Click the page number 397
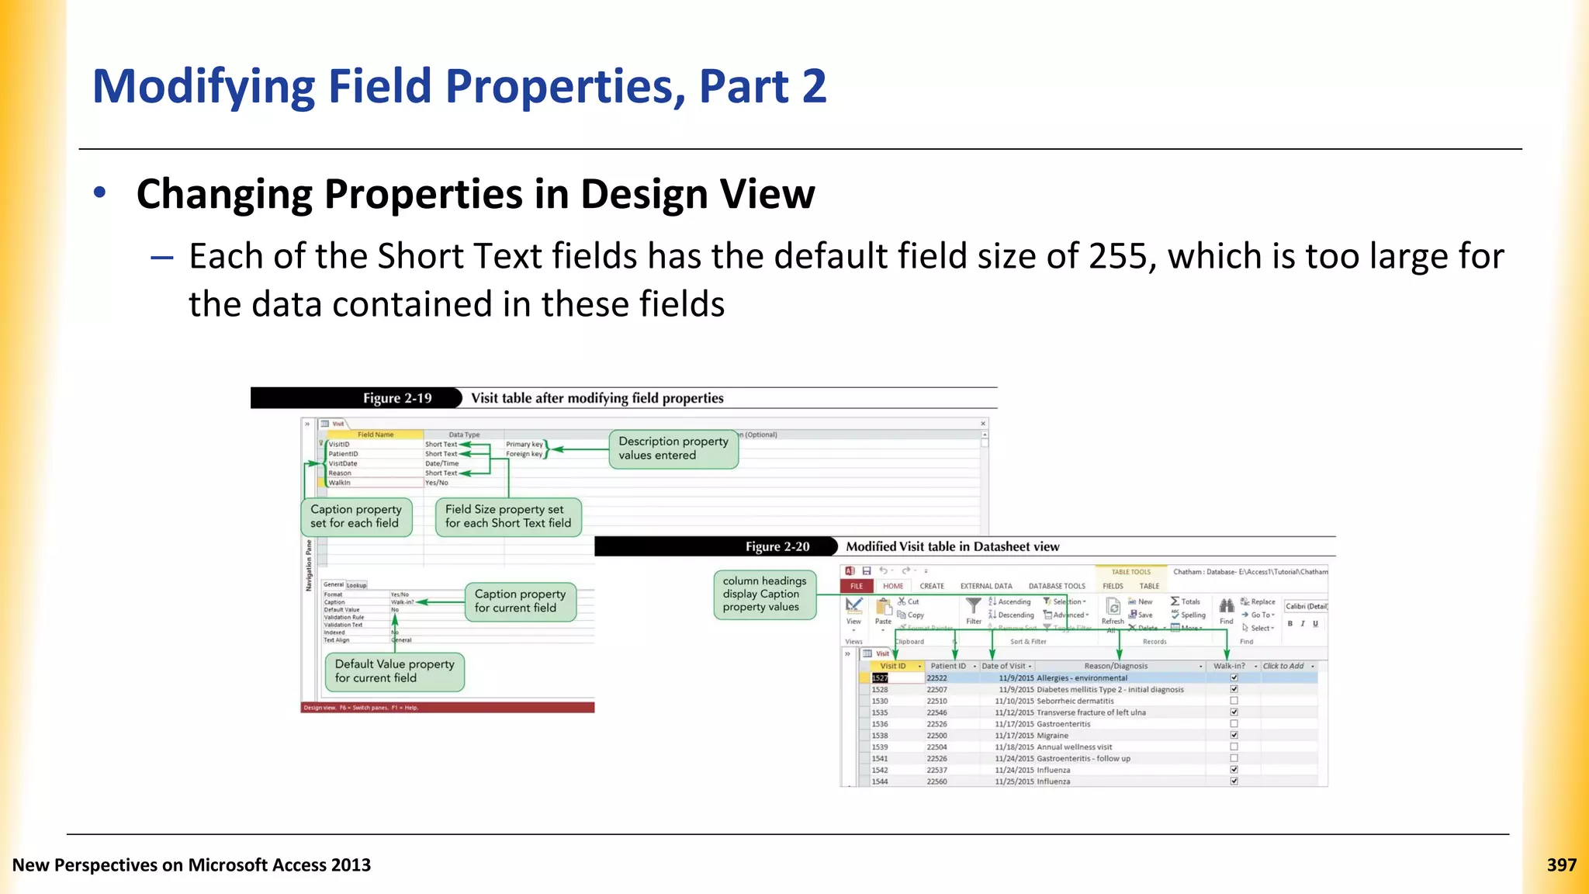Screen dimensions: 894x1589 pyautogui.click(x=1561, y=865)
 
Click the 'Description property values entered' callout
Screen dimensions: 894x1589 pyautogui.click(x=673, y=449)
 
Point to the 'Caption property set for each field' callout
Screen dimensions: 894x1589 pyautogui.click(x=356, y=516)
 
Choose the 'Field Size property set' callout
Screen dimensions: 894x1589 pyautogui.click(x=507, y=516)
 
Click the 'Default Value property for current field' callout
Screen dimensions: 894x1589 pyautogui.click(x=394, y=671)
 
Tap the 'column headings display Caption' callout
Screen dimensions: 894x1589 pyautogui.click(x=764, y=594)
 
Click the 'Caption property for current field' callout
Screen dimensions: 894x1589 pyautogui.click(x=520, y=601)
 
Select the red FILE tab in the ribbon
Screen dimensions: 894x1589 pyautogui.click(x=857, y=586)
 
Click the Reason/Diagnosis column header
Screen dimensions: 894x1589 pyautogui.click(x=1116, y=666)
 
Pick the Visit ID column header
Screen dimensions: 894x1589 pyautogui.click(x=892, y=666)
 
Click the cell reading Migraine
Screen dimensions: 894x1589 pyautogui.click(x=1053, y=736)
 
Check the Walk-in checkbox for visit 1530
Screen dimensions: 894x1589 pyautogui.click(x=1234, y=701)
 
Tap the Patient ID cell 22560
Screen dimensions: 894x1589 pyautogui.click(x=936, y=781)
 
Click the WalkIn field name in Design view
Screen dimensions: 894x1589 pyautogui.click(x=339, y=483)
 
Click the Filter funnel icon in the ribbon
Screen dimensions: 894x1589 pyautogui.click(x=974, y=605)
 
